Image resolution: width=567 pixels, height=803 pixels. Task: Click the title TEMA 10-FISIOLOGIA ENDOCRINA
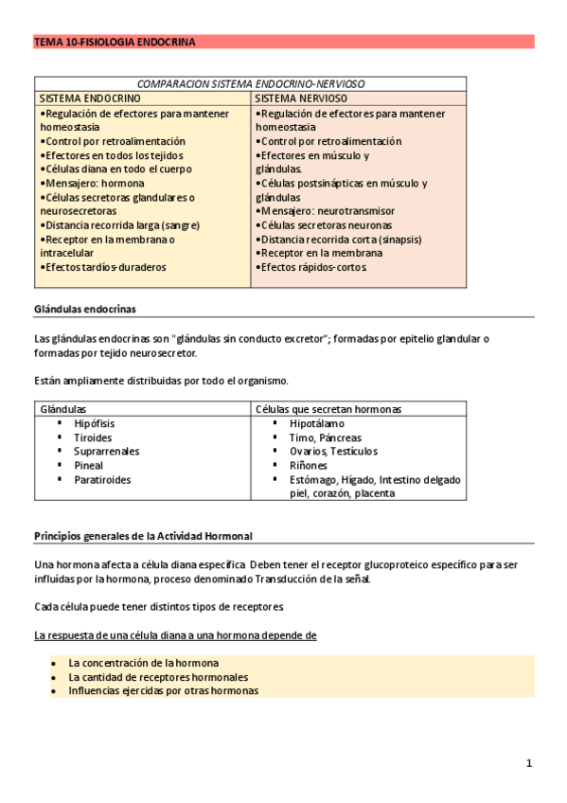(x=115, y=43)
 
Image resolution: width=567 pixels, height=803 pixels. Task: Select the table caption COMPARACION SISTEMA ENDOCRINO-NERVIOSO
(x=251, y=84)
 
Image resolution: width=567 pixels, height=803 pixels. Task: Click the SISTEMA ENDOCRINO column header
(x=90, y=98)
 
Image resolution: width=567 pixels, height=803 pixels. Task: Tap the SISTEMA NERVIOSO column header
(x=301, y=98)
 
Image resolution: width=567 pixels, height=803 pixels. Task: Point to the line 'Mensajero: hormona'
(x=93, y=183)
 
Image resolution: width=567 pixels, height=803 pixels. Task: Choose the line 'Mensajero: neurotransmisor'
(x=326, y=211)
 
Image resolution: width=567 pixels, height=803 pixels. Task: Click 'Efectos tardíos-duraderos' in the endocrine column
(x=103, y=268)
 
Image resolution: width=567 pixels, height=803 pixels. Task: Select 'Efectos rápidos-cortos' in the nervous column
(x=310, y=268)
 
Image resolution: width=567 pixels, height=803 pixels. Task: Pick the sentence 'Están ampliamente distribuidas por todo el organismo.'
(x=161, y=381)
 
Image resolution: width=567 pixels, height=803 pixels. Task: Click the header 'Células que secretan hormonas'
(x=328, y=409)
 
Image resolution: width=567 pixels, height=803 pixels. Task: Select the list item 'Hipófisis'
(x=96, y=423)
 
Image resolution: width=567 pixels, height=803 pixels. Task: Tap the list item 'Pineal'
(x=89, y=466)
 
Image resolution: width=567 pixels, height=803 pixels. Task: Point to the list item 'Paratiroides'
(x=102, y=480)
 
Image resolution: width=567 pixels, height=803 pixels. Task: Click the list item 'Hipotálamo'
(x=317, y=423)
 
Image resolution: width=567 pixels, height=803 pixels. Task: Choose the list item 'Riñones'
(x=309, y=466)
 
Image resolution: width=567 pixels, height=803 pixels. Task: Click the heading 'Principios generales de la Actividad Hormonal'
(x=143, y=536)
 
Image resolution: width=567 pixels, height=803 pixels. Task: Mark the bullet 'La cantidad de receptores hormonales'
(x=158, y=677)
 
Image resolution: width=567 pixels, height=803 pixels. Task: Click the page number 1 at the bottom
(x=529, y=763)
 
